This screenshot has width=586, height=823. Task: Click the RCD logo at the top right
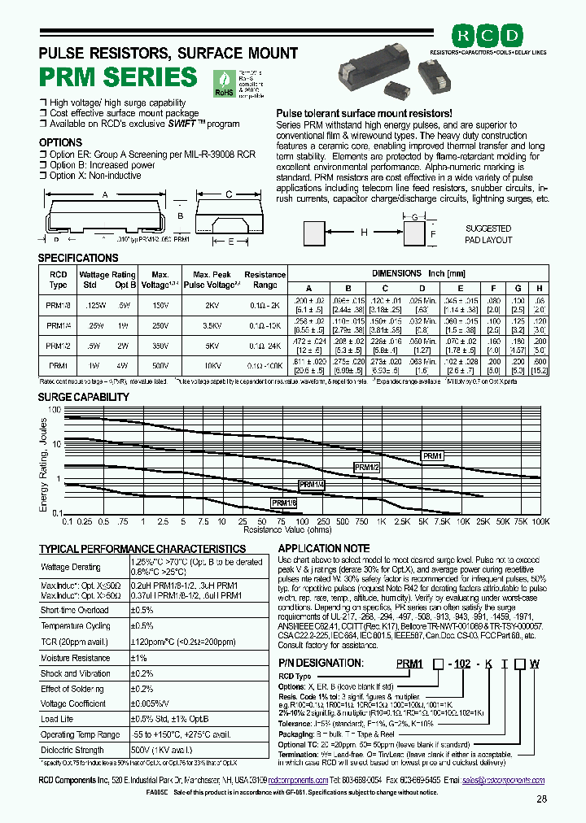click(x=488, y=36)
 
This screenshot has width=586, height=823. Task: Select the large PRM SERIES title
click(x=118, y=77)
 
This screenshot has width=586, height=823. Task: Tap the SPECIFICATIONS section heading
click(x=79, y=258)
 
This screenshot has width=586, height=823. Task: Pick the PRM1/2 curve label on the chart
click(x=366, y=467)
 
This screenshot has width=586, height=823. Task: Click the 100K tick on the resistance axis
click(x=540, y=521)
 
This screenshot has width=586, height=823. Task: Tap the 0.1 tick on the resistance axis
click(x=67, y=521)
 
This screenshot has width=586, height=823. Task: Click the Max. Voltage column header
click(x=160, y=280)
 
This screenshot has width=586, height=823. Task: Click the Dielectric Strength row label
click(x=72, y=751)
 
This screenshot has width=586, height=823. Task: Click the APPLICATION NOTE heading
click(x=324, y=548)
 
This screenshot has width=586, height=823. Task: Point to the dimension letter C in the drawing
click(x=229, y=194)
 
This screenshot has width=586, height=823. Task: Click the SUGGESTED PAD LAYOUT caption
click(x=489, y=234)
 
